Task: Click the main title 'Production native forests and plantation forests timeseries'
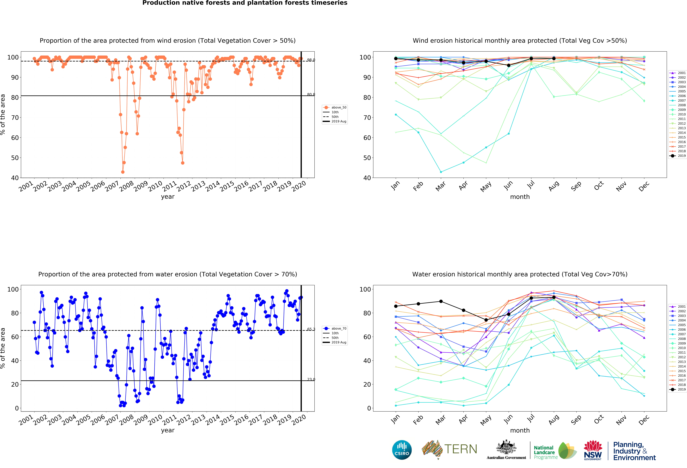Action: (245, 3)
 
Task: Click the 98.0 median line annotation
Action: (311, 60)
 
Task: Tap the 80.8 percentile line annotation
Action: (311, 95)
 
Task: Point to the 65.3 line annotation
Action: (311, 329)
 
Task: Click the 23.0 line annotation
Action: (311, 379)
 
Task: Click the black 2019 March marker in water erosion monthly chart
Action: (441, 301)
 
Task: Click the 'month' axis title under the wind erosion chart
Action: (520, 197)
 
